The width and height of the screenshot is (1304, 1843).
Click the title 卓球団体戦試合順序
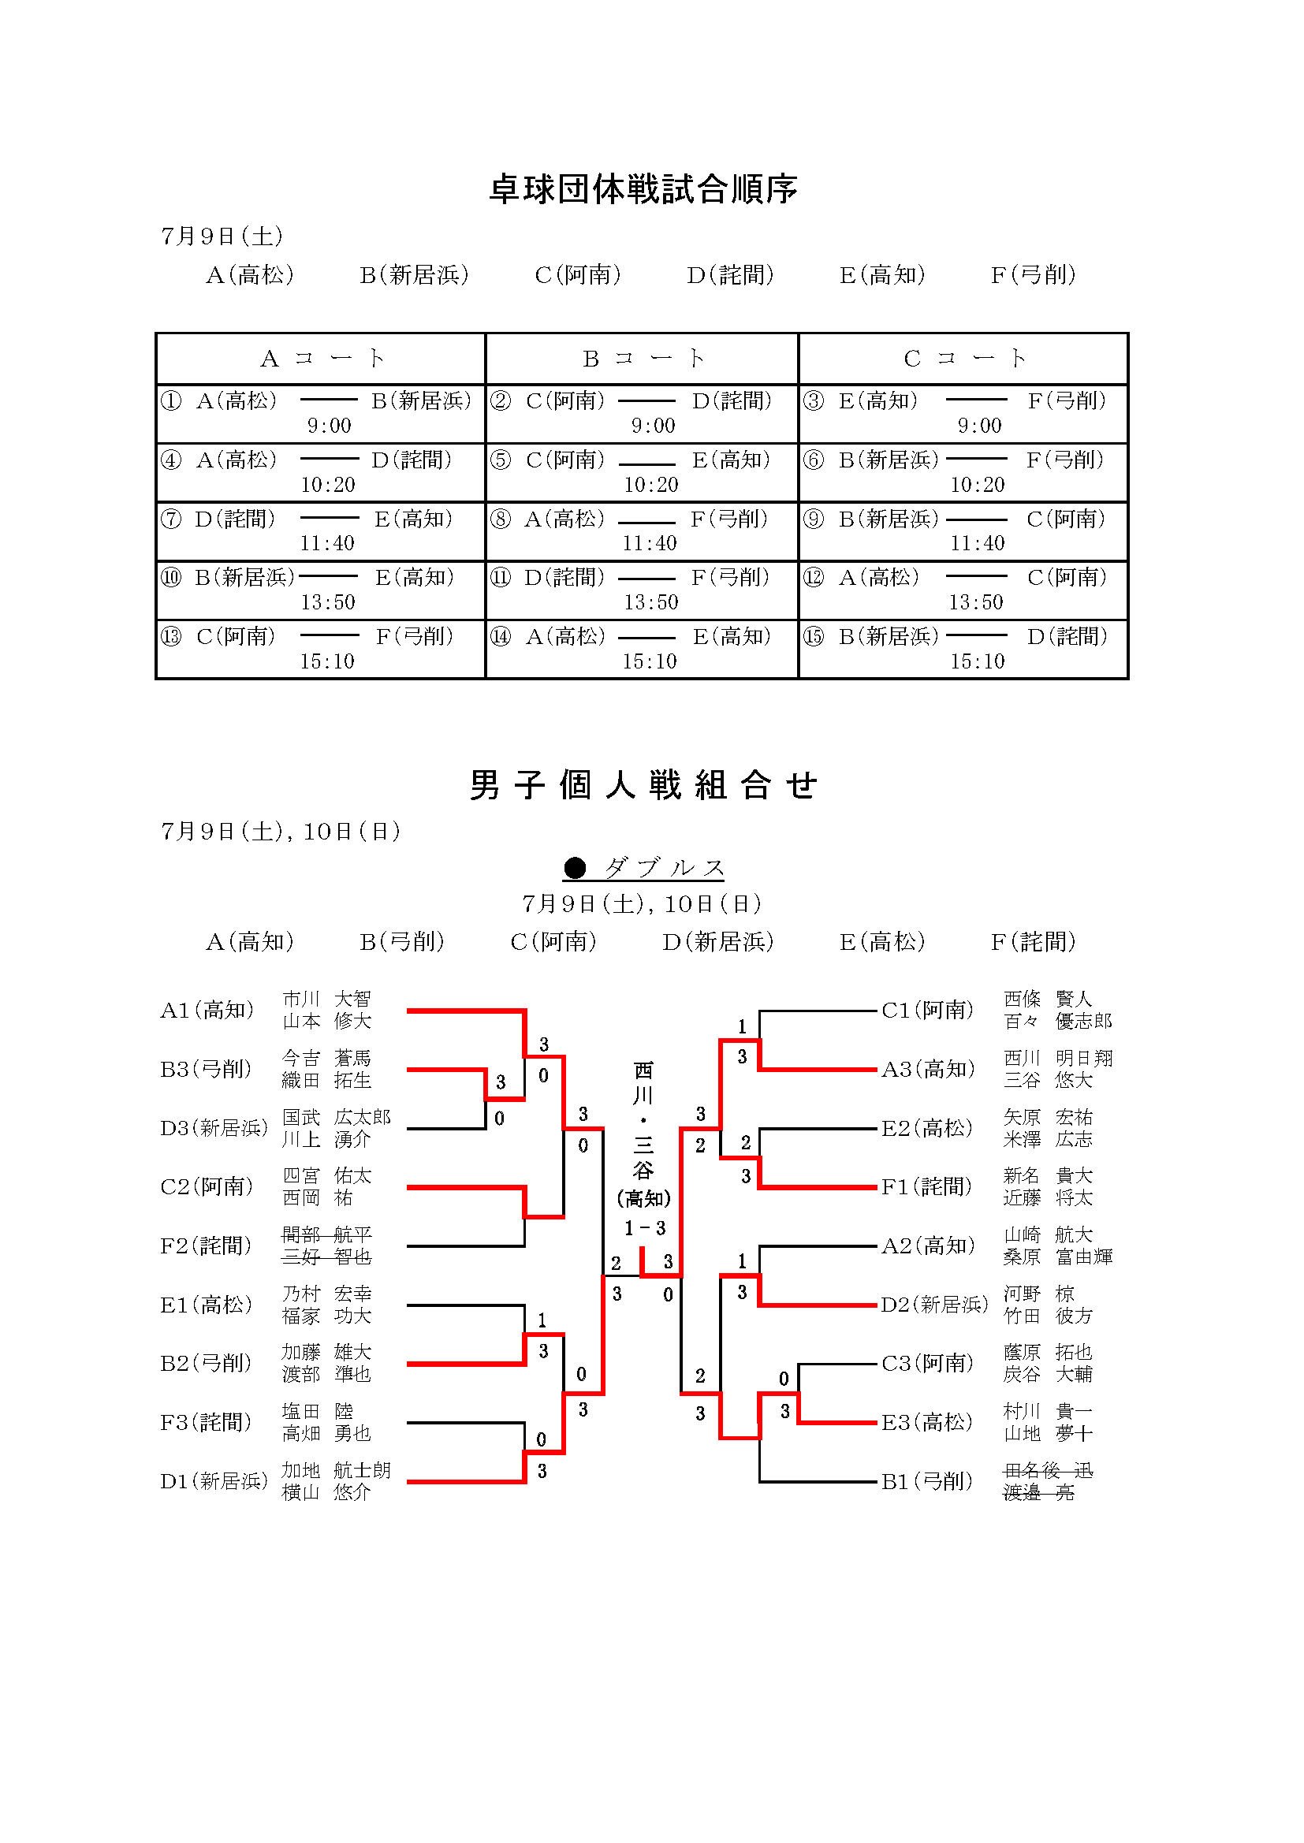click(x=643, y=189)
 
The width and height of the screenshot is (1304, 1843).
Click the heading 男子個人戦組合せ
click(x=643, y=784)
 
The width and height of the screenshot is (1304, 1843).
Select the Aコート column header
click(x=322, y=358)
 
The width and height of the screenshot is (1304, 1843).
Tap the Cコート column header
click(x=964, y=358)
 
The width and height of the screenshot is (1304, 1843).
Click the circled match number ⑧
click(x=501, y=519)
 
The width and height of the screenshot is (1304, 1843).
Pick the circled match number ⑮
click(x=814, y=637)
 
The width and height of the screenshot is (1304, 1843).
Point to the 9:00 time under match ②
click(x=653, y=426)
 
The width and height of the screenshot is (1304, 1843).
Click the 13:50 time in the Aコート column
click(x=328, y=602)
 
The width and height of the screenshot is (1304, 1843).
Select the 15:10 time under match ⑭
click(x=650, y=661)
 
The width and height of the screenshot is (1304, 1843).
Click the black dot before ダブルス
click(x=575, y=868)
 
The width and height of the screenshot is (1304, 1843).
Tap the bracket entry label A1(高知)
click(x=207, y=1010)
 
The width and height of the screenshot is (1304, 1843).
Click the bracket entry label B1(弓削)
click(x=927, y=1481)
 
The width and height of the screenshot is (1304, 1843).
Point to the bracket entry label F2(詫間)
click(x=206, y=1245)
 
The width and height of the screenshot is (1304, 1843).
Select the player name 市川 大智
click(x=327, y=999)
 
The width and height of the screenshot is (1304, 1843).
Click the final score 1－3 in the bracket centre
click(x=645, y=1228)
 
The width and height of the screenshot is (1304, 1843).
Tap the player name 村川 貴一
click(x=1048, y=1411)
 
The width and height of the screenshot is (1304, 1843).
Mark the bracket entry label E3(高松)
click(x=927, y=1422)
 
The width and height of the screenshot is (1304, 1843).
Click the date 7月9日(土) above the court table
click(x=222, y=236)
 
